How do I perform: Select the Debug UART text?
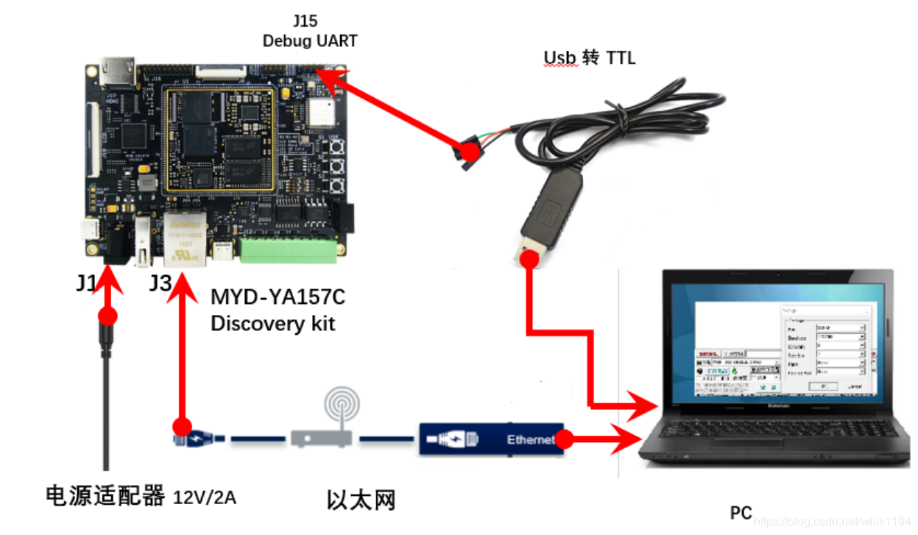pyautogui.click(x=310, y=40)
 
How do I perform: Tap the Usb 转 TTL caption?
pyautogui.click(x=589, y=57)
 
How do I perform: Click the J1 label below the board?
pyautogui.click(x=85, y=283)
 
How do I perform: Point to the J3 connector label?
pyautogui.click(x=160, y=283)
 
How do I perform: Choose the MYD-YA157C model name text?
pyautogui.click(x=278, y=297)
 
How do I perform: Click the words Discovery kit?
pyautogui.click(x=272, y=323)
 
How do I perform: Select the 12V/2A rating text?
pyautogui.click(x=205, y=497)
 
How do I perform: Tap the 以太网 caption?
pyautogui.click(x=361, y=500)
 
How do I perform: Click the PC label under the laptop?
pyautogui.click(x=741, y=512)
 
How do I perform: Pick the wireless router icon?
pyautogui.click(x=325, y=422)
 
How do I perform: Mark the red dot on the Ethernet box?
pyautogui.click(x=563, y=439)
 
